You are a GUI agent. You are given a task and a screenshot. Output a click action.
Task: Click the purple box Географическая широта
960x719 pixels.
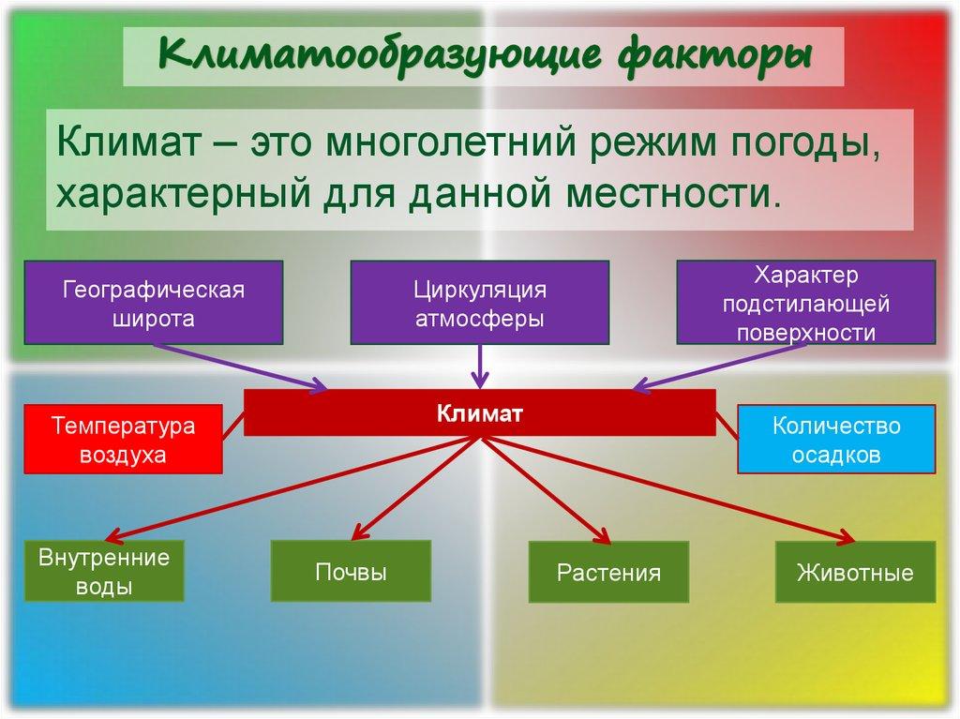pos(154,302)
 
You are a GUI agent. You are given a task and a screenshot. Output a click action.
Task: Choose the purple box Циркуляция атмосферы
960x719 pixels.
pos(480,302)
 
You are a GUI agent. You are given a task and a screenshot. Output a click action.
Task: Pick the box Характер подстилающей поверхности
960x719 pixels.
pos(805,302)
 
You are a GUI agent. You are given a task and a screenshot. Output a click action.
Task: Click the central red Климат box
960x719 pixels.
pos(479,412)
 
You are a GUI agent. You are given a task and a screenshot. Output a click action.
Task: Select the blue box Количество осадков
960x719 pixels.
pos(836,439)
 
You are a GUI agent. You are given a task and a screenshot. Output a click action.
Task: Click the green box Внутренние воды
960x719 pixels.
pos(104,572)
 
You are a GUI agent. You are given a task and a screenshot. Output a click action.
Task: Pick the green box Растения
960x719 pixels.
pos(608,572)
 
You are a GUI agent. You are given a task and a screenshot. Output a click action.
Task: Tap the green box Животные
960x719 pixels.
pos(854,572)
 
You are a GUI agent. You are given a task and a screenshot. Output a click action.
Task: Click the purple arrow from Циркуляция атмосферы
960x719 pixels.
pos(480,366)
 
